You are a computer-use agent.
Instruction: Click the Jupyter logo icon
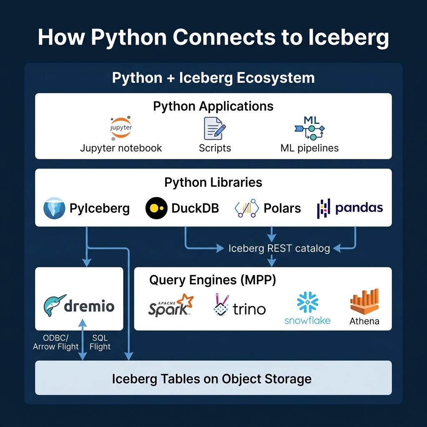click(x=121, y=128)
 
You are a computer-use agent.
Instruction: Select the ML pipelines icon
click(x=309, y=128)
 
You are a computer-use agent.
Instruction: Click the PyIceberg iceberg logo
click(x=54, y=208)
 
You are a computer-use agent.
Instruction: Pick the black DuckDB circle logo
click(x=156, y=208)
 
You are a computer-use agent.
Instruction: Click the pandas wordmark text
click(x=359, y=208)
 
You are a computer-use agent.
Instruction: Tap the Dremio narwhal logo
click(x=55, y=306)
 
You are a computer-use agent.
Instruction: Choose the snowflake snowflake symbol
click(x=308, y=302)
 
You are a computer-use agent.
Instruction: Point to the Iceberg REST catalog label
click(x=279, y=249)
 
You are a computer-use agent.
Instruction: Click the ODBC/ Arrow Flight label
click(x=56, y=342)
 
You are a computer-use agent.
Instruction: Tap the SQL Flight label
click(x=100, y=342)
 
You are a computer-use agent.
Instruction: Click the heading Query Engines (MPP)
click(x=213, y=280)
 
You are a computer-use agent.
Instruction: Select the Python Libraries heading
click(x=213, y=182)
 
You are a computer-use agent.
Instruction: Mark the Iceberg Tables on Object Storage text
click(x=212, y=379)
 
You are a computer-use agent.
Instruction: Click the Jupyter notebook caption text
click(x=121, y=148)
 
